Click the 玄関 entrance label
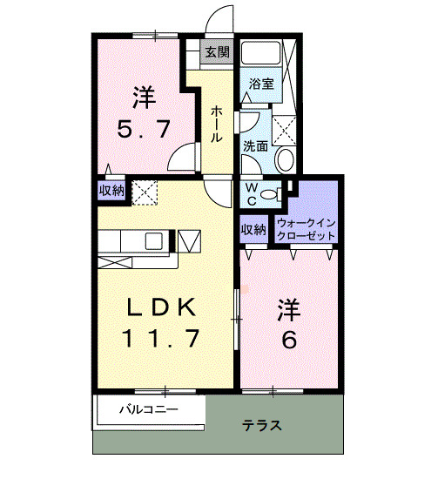click(x=217, y=52)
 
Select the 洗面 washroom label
click(x=255, y=145)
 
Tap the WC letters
click(x=250, y=192)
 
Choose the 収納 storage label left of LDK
click(x=111, y=190)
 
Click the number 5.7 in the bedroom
click(x=145, y=131)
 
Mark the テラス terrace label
click(x=262, y=426)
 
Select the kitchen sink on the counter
click(x=153, y=240)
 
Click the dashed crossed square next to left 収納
click(x=144, y=191)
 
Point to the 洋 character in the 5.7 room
click(x=145, y=93)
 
